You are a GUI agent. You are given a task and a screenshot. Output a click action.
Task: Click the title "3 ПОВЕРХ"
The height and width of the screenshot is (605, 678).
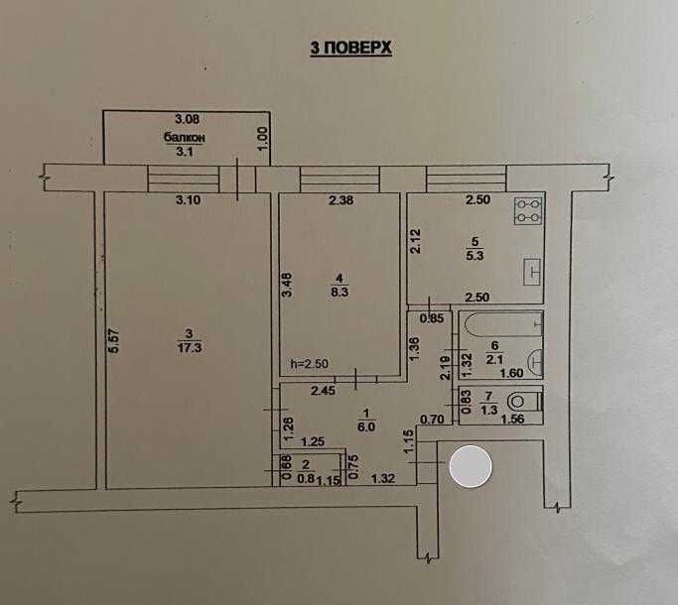pyautogui.click(x=351, y=48)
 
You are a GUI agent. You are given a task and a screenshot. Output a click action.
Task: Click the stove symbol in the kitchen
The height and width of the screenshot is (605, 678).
pyautogui.click(x=527, y=210)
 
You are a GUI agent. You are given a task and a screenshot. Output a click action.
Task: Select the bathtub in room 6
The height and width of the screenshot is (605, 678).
pyautogui.click(x=502, y=323)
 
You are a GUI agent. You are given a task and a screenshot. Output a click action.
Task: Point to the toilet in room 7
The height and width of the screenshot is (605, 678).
pyautogui.click(x=523, y=402)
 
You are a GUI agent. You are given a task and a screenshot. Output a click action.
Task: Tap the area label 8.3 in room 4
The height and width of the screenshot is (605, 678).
pyautogui.click(x=339, y=294)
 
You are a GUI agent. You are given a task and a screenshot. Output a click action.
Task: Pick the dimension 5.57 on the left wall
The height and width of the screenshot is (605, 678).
pyautogui.click(x=113, y=343)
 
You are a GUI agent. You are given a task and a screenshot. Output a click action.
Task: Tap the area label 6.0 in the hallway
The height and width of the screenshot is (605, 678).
pyautogui.click(x=367, y=427)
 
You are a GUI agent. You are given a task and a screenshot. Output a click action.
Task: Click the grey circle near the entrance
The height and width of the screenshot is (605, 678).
pyautogui.click(x=471, y=467)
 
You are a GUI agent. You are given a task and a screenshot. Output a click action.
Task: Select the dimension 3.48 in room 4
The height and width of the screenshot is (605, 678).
pyautogui.click(x=288, y=288)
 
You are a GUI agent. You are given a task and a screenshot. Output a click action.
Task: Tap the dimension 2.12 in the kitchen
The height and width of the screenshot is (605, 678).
pyautogui.click(x=419, y=242)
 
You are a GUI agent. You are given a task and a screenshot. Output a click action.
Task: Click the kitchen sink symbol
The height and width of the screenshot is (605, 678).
pyautogui.click(x=533, y=269)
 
